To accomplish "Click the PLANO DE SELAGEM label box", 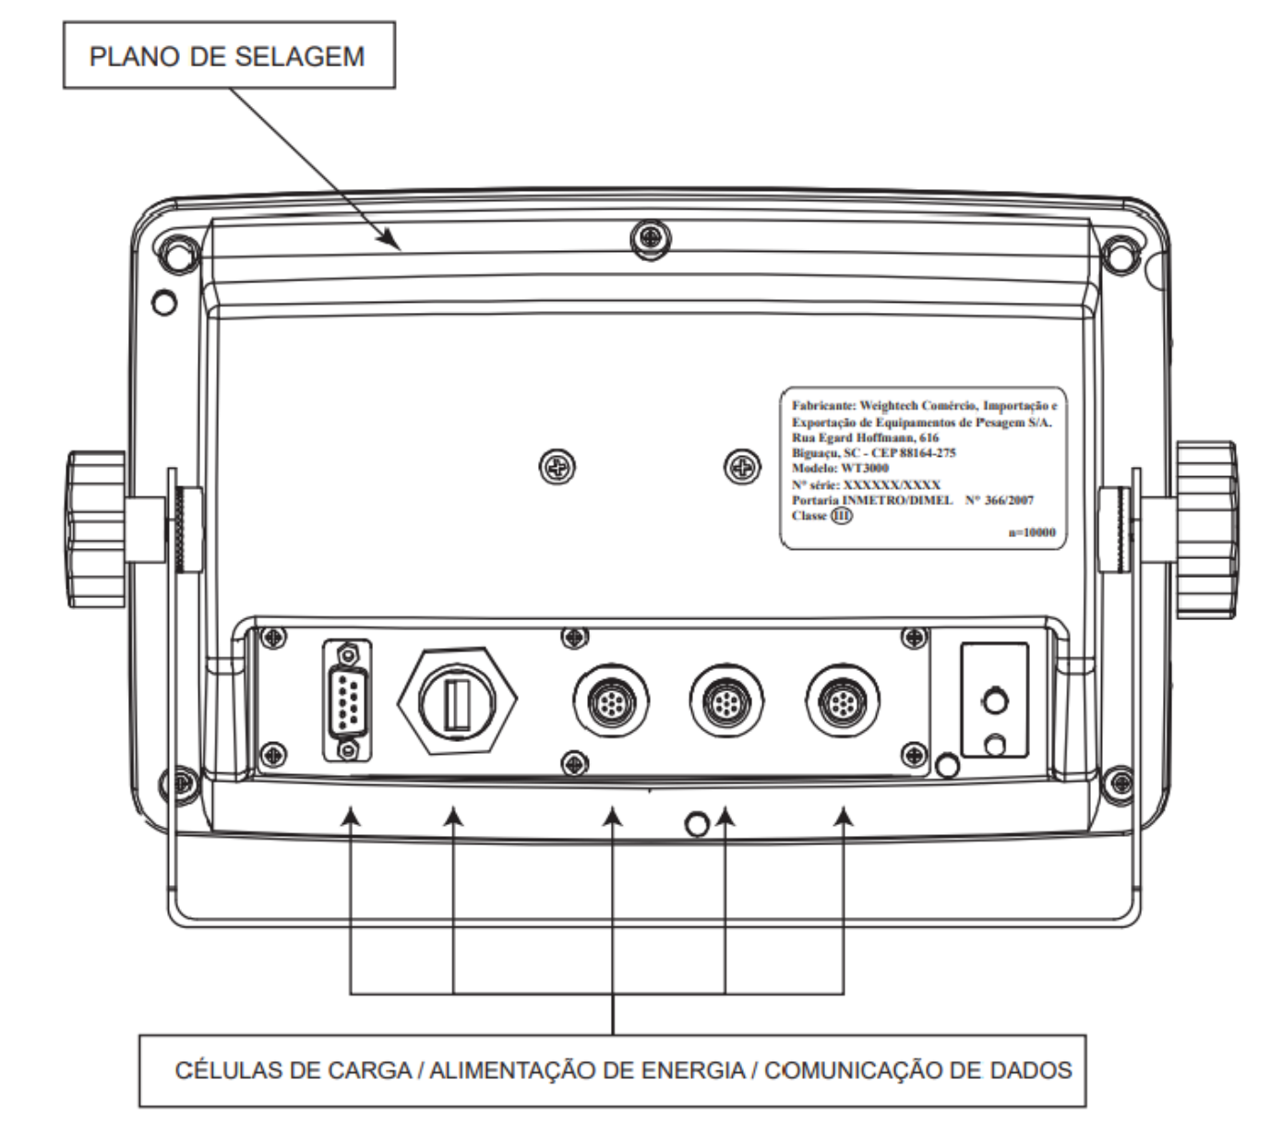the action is coord(229,55).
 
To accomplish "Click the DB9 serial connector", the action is coord(347,700).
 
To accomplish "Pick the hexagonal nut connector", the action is coord(457,701).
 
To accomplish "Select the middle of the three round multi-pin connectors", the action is coord(726,700).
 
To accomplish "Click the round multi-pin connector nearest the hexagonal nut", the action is coord(611,700).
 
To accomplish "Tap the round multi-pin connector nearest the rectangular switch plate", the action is coord(843,700).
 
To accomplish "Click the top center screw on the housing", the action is coord(651,239).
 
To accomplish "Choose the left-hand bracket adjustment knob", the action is coord(97,529).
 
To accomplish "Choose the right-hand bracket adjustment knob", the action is coord(1205,529).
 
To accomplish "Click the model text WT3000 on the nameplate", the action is coord(865,468).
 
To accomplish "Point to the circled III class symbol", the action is coord(841,516).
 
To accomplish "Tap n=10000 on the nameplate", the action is coord(1032,532).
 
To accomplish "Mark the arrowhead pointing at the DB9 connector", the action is coord(351,817).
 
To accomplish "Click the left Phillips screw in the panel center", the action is coord(557,466).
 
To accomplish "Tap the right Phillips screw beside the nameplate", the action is coord(743,466).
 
